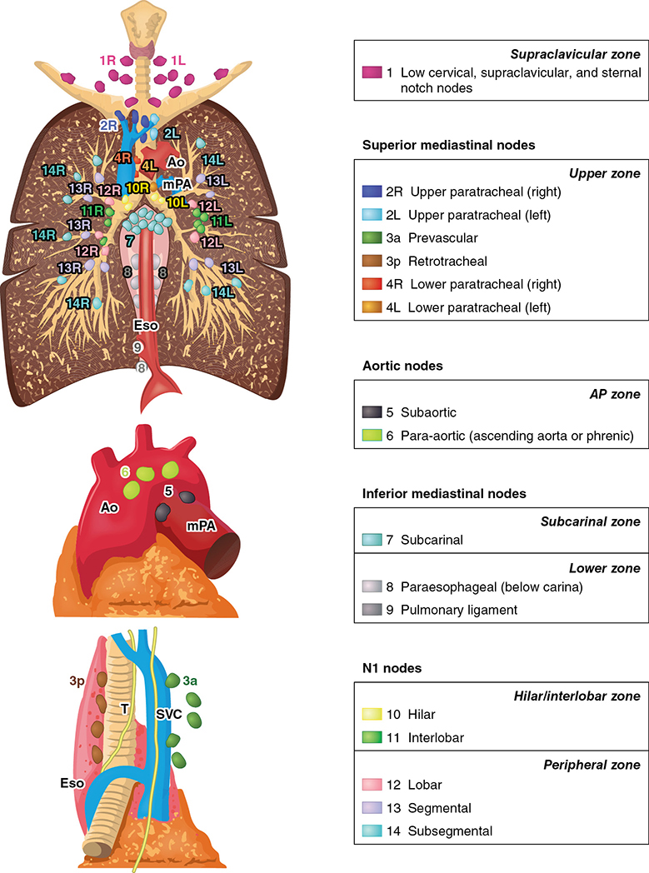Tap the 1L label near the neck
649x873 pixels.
179,60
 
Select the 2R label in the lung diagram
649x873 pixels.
109,125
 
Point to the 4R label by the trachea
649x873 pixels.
122,157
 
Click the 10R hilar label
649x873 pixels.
138,187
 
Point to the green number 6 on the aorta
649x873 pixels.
126,471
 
